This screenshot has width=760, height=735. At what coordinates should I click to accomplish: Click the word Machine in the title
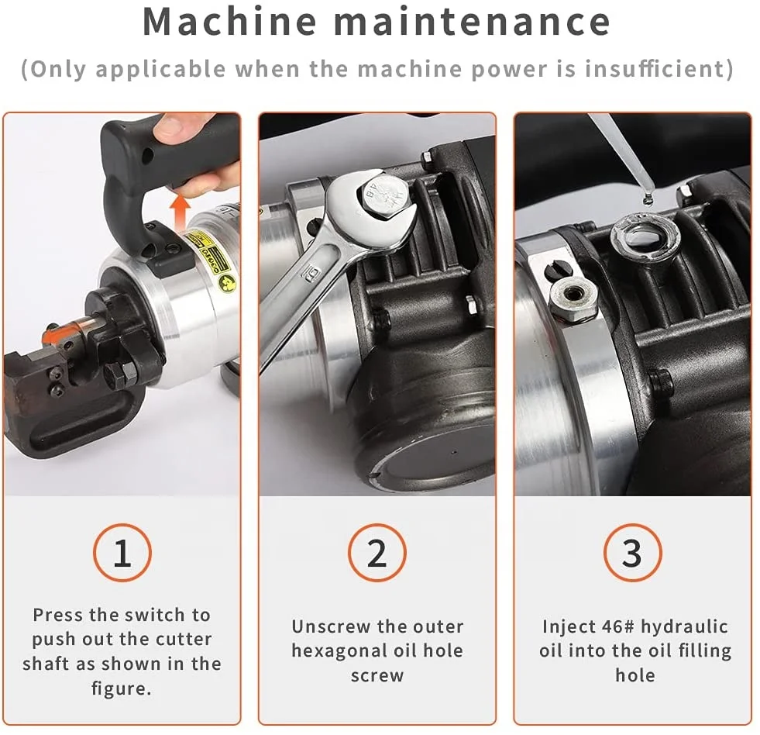(x=230, y=22)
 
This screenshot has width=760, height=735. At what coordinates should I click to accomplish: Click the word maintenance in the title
(x=472, y=22)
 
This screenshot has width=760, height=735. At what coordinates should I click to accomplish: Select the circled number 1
(x=122, y=553)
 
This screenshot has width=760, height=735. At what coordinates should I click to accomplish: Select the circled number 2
(x=377, y=553)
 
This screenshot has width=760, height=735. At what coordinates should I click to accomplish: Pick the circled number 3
(x=632, y=553)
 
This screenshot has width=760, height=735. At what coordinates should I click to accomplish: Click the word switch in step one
(x=157, y=615)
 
